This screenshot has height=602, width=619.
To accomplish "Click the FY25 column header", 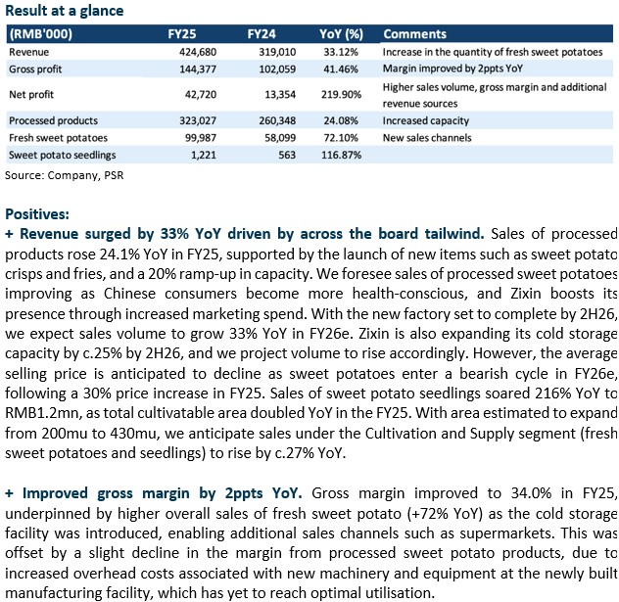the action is tap(181, 34).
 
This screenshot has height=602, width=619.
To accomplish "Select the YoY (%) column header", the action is tap(341, 34).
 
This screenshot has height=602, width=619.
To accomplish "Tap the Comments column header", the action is tap(414, 34).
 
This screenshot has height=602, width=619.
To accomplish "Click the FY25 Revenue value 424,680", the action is tap(198, 52).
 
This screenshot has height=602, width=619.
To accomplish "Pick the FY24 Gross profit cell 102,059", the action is tap(277, 69).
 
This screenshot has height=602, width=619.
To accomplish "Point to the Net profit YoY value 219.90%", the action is tap(341, 94).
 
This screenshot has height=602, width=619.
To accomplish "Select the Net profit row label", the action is tap(31, 95).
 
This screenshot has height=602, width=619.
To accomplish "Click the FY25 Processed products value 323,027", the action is tap(198, 120).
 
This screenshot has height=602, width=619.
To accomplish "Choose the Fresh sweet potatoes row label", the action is tap(58, 138).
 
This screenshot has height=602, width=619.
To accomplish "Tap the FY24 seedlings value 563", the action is tap(287, 155).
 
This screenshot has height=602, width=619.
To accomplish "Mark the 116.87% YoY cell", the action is tap(341, 155).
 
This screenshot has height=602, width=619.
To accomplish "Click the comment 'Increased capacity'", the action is tap(425, 120).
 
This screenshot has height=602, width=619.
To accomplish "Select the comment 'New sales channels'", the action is tap(427, 138).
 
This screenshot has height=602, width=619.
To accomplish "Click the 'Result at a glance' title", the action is tap(65, 11).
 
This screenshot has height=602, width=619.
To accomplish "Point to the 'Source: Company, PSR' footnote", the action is tap(64, 175).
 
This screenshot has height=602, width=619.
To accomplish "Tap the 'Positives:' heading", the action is tap(37, 214).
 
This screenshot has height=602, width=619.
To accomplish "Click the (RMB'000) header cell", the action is tap(41, 34).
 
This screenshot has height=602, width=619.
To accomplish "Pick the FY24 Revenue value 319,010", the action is tap(277, 52).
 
